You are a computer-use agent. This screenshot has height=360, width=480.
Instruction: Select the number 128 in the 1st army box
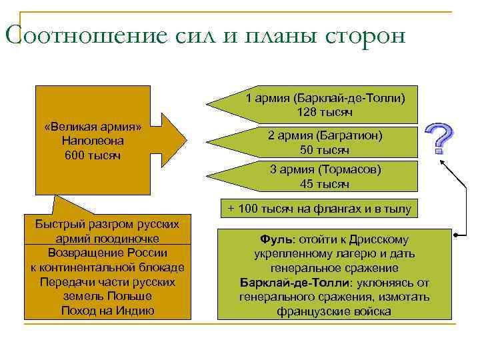[307, 111]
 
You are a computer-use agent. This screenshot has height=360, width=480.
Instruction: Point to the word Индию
[135, 311]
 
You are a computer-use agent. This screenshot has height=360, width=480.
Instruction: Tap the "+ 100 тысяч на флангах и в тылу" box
[319, 209]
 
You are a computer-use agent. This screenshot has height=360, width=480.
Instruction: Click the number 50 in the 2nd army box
[307, 149]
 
